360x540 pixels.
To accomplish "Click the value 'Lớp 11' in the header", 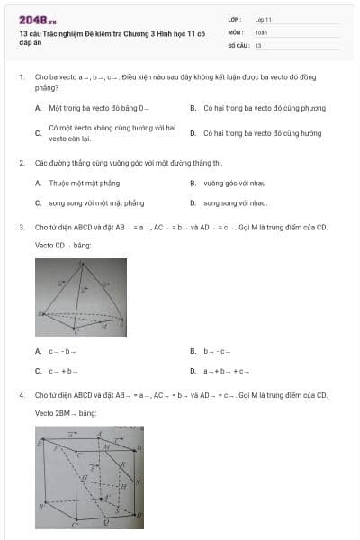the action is [x=263, y=19].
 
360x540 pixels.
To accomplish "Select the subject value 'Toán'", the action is [x=261, y=31].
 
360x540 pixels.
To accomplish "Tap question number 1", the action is [x=21, y=78].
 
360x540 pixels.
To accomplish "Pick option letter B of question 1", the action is [x=193, y=108].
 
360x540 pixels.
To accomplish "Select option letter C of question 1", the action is [x=39, y=133].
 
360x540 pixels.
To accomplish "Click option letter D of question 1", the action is [x=193, y=133].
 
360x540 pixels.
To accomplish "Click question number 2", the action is [x=21, y=163].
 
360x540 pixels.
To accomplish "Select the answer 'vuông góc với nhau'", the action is [x=233, y=183].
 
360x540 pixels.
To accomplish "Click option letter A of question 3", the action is [x=39, y=351].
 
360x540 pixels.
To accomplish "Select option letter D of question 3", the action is [x=193, y=371].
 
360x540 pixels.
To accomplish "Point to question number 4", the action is [x=21, y=394].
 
